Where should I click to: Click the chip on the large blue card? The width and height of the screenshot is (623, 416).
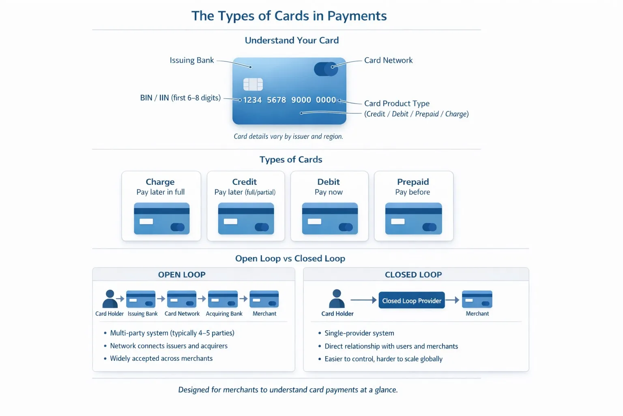(253, 84)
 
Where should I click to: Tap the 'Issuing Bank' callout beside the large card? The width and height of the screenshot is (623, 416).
(191, 60)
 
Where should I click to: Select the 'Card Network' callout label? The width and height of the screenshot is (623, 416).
(388, 60)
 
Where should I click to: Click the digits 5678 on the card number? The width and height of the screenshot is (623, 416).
(277, 100)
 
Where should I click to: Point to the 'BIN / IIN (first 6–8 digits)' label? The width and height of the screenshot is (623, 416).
(180, 98)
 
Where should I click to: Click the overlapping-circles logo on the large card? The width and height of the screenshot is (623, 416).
(326, 69)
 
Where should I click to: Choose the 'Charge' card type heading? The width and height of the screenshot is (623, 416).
(160, 182)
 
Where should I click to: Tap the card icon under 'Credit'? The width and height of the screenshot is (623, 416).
(246, 219)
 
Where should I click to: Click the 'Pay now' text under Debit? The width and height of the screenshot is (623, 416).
(329, 192)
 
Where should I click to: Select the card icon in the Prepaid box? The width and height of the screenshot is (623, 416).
(414, 219)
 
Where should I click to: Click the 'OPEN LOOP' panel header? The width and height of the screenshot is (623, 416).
(182, 275)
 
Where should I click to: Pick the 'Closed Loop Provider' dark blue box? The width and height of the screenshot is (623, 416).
(412, 300)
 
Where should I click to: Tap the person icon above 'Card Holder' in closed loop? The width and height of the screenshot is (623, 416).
(337, 299)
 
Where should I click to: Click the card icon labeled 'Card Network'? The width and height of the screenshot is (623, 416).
(182, 299)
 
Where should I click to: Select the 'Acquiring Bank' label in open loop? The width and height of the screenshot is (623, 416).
(224, 314)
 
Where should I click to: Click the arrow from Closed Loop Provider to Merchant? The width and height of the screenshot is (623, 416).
(453, 300)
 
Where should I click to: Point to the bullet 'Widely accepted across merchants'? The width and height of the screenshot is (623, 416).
(161, 358)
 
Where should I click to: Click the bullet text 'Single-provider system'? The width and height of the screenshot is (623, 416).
(359, 333)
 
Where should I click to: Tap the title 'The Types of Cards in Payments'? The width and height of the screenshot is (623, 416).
(289, 16)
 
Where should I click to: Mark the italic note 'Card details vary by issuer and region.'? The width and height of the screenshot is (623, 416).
(288, 136)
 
